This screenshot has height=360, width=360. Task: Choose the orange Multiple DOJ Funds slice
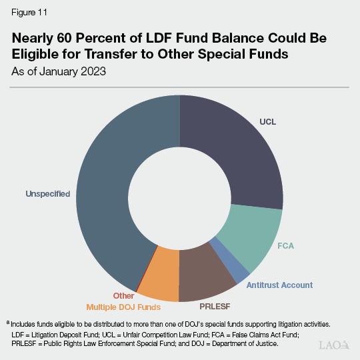pos(159,280)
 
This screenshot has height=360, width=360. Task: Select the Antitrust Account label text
pos(279,285)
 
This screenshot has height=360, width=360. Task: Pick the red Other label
pos(123,296)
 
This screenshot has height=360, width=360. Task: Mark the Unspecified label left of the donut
pos(48,194)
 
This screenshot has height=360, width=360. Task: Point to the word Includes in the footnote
pos(26,323)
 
